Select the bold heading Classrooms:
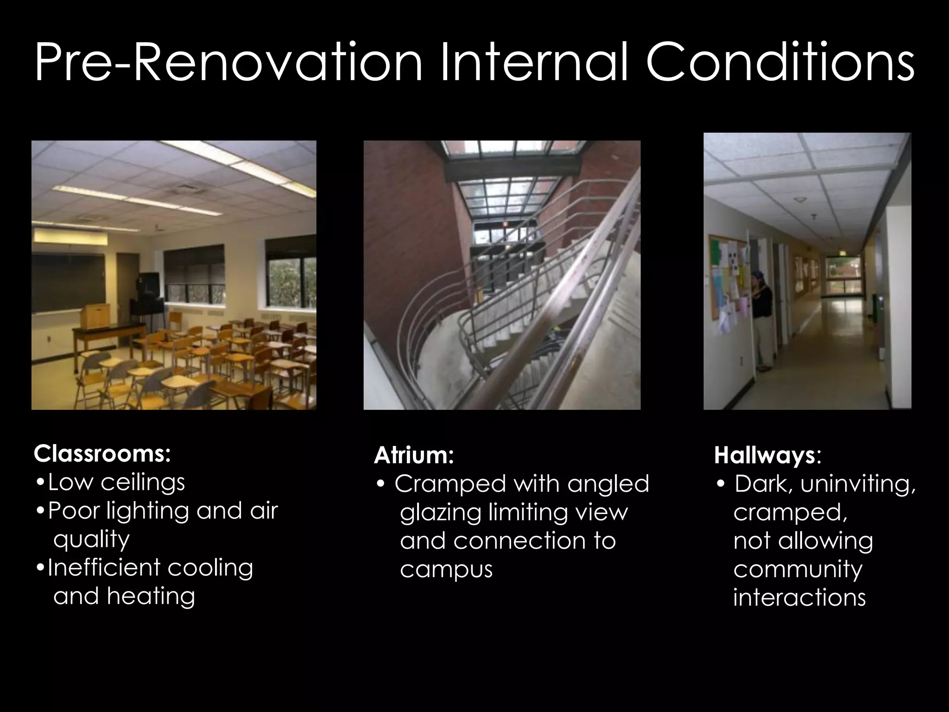click(102, 454)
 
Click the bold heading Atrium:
click(413, 455)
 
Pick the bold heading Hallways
click(764, 455)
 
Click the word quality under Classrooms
click(91, 539)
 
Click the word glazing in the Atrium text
click(440, 513)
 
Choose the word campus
click(446, 570)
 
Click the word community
click(797, 569)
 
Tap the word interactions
click(799, 598)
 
